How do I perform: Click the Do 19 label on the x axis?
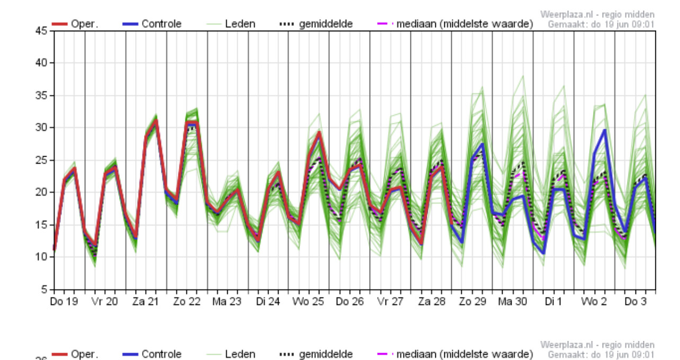64,302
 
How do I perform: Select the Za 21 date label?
146,302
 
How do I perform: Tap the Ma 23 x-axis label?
227,302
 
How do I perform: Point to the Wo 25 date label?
308,302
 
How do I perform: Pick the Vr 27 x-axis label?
390,302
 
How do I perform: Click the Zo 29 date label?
471,302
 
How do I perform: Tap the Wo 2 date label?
594,302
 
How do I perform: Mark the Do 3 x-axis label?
635,302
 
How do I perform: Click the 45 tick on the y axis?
42,31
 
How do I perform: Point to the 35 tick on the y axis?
42,96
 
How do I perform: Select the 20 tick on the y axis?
42,193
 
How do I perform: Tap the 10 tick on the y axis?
42,257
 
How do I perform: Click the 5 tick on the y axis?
44,290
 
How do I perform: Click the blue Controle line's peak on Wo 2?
604,130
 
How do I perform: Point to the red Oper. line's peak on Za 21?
156,121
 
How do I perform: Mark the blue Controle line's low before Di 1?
543,253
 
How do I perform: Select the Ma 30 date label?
512,302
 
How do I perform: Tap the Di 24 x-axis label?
267,302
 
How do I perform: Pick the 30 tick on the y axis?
42,128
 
